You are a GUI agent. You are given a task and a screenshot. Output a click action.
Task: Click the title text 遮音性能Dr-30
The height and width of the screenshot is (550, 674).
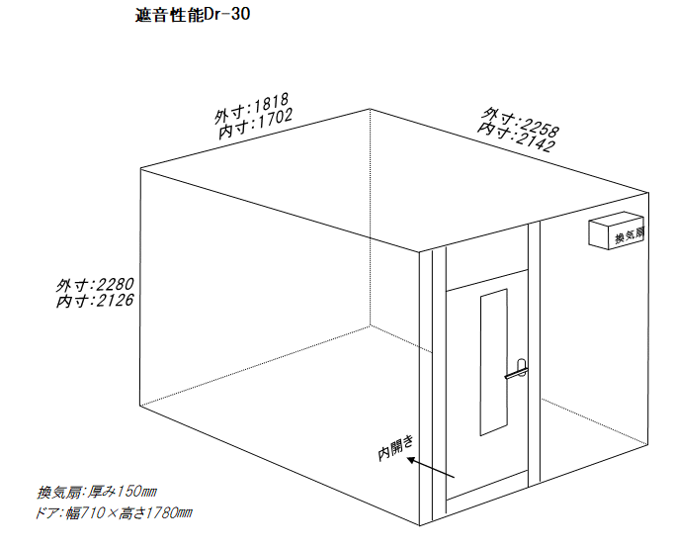pos(193,15)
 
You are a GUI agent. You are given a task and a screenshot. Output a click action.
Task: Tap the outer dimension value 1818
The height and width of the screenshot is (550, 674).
pos(271,104)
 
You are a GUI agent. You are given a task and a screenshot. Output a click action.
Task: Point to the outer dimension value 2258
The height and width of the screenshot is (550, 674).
pos(539,126)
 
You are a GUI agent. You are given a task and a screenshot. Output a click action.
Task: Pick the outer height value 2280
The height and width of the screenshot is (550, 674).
pos(115,285)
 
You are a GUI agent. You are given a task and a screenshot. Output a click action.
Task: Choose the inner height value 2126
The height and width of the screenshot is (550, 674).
pos(115,300)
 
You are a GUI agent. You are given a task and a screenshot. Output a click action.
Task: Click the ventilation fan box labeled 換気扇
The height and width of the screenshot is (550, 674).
pos(617,230)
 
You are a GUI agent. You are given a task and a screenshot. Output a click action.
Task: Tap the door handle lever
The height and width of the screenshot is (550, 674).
pos(517,373)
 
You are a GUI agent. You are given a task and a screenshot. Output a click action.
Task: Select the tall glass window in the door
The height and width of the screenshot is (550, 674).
pos(494,362)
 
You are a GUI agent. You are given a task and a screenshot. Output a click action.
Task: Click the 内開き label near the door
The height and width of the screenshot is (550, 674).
pos(396,448)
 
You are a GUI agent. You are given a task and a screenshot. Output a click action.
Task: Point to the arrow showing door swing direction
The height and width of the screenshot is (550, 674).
pos(431,467)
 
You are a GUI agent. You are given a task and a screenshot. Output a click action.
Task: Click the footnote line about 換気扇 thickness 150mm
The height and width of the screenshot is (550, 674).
pos(97,492)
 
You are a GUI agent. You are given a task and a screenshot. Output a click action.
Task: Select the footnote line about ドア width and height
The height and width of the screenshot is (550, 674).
pos(114,513)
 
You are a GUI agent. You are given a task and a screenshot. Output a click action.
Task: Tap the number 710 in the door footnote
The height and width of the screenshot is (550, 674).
pos(94,513)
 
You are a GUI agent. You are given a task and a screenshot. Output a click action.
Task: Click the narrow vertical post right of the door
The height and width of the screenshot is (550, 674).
pos(535,354)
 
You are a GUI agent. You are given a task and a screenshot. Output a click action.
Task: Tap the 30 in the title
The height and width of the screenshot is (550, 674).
pos(241,15)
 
